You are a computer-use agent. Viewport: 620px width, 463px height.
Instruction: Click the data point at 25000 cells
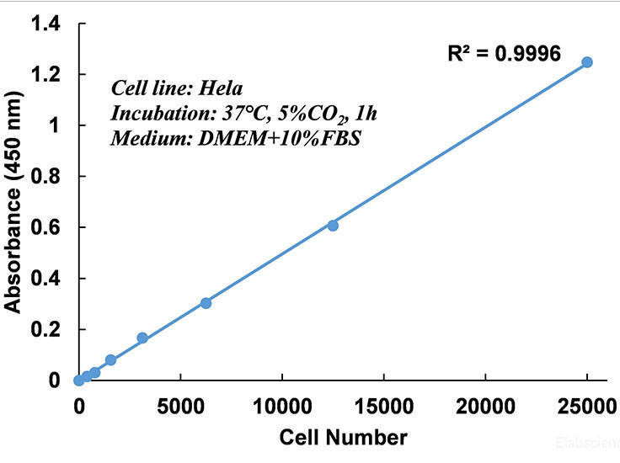(x=587, y=62)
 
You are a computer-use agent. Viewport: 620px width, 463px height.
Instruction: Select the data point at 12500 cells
(x=333, y=225)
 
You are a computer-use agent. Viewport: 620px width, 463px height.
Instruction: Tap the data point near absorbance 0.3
(x=206, y=303)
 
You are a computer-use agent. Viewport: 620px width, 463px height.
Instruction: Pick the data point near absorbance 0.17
(x=142, y=338)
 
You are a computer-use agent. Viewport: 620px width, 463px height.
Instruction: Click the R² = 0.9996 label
(x=504, y=54)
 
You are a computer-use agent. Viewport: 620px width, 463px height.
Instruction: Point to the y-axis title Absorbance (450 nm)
(x=14, y=202)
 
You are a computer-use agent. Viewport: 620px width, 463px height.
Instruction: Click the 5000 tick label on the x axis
(x=180, y=405)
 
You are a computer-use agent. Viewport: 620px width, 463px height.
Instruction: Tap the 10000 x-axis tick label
(x=282, y=405)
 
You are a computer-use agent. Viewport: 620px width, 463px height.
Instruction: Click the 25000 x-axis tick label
(x=585, y=405)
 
